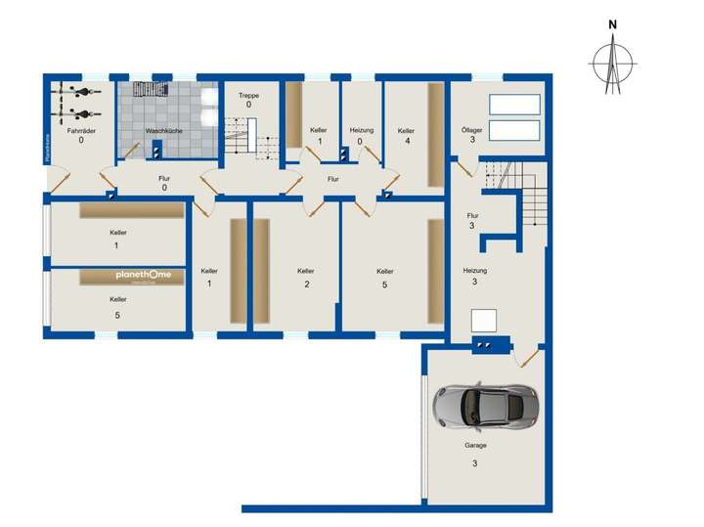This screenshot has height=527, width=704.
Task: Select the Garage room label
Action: point(474,444)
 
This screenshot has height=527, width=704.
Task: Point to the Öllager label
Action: point(472,129)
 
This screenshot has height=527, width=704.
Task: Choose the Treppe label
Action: point(249,95)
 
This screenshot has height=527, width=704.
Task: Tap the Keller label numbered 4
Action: point(407,129)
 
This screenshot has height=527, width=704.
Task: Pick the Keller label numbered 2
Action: point(306,271)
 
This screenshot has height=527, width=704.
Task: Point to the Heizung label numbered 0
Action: point(361,129)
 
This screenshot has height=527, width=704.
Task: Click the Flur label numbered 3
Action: point(473,215)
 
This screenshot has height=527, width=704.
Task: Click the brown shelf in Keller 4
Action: point(435,135)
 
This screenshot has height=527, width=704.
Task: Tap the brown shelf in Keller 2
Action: point(261,271)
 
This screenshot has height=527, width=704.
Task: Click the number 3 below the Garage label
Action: point(474,462)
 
